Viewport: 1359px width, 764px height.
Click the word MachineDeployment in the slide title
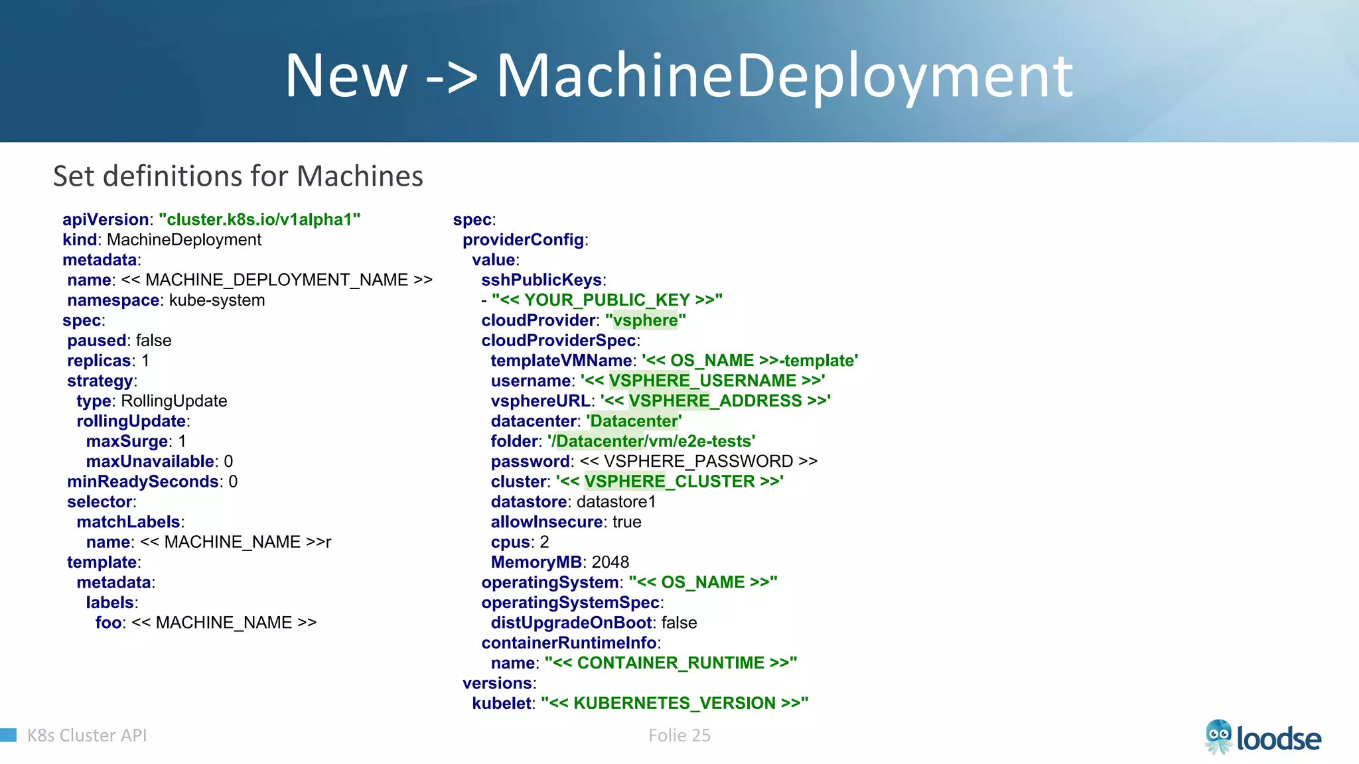point(784,76)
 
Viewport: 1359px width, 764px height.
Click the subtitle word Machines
point(360,176)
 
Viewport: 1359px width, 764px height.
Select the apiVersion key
point(106,220)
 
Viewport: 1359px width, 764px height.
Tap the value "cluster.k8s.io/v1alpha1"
point(259,220)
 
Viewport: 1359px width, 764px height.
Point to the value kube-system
point(217,300)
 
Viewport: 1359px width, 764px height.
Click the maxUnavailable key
point(151,462)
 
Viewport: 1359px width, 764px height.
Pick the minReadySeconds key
point(143,481)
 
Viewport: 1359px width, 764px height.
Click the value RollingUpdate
point(174,401)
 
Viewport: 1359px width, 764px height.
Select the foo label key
point(108,623)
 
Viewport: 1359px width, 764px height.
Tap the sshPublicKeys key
point(541,280)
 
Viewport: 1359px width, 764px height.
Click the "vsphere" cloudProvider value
point(645,320)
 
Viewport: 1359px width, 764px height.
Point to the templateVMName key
point(561,361)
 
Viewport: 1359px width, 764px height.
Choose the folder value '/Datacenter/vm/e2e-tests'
point(652,441)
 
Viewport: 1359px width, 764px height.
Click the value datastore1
point(616,502)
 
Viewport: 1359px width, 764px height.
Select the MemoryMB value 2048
point(610,562)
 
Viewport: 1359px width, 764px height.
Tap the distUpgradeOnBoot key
point(571,623)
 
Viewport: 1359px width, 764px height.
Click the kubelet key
point(502,703)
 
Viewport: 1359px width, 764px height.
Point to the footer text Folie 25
point(679,735)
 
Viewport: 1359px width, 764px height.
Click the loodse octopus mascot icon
point(1218,737)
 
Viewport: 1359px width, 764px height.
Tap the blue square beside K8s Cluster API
point(8,735)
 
